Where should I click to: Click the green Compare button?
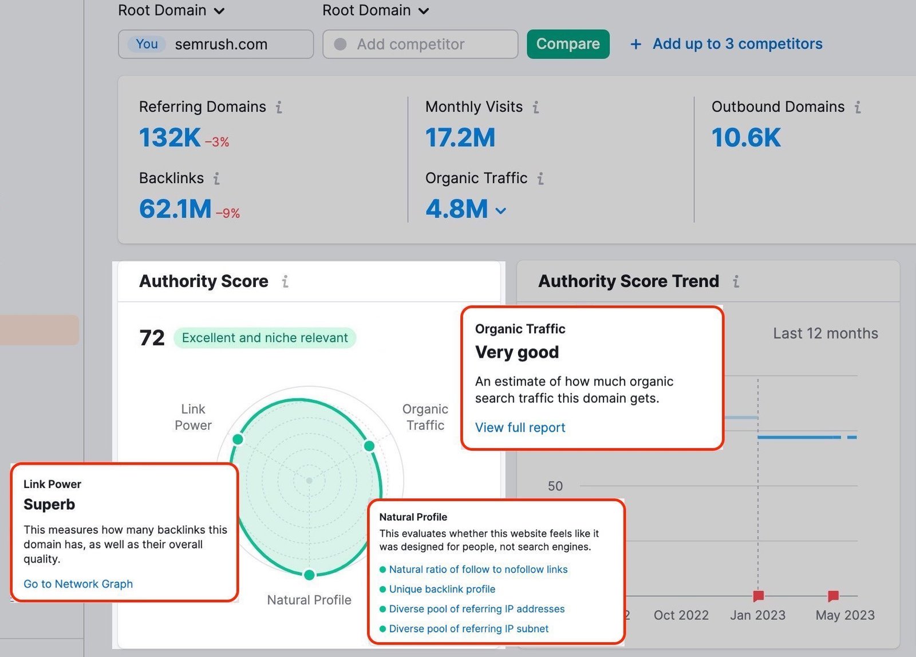pyautogui.click(x=568, y=44)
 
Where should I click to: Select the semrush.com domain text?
pyautogui.click(x=221, y=44)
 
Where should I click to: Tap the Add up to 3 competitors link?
pyautogui.click(x=737, y=44)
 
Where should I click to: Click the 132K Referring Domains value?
pyautogui.click(x=169, y=138)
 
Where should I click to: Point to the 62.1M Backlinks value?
pyautogui.click(x=175, y=209)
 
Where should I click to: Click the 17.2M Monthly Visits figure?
pyautogui.click(x=460, y=138)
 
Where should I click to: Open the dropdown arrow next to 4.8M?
pyautogui.click(x=501, y=211)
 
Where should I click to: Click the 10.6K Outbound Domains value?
pyautogui.click(x=745, y=138)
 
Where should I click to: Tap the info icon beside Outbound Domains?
pyautogui.click(x=857, y=107)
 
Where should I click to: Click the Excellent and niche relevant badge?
pyautogui.click(x=264, y=338)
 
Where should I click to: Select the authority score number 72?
pyautogui.click(x=152, y=338)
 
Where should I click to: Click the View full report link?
pyautogui.click(x=520, y=427)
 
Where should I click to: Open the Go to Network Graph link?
pyautogui.click(x=78, y=584)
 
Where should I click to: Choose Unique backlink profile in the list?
pyautogui.click(x=442, y=589)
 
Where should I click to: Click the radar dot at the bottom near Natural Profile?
pyautogui.click(x=309, y=575)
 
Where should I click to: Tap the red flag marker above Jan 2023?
pyautogui.click(x=759, y=596)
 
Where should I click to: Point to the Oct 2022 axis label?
pyautogui.click(x=681, y=615)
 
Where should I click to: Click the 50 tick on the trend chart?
pyautogui.click(x=555, y=486)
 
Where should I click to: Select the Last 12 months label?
pyautogui.click(x=825, y=333)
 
